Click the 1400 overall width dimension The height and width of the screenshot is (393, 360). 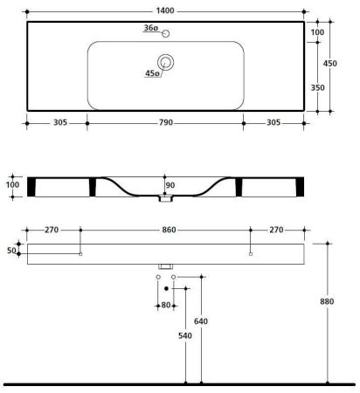[x=167, y=11]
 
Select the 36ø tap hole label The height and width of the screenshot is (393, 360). [x=149, y=29]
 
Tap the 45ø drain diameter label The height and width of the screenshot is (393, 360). [x=151, y=73]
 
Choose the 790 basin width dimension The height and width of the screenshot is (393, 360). [x=165, y=123]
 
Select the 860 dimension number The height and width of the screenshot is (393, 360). [x=165, y=230]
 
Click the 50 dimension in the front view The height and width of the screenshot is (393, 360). [x=12, y=251]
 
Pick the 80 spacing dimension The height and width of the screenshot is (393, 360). [x=166, y=306]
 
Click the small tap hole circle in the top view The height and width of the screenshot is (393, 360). [x=165, y=32]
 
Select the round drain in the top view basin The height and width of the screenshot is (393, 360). [x=165, y=62]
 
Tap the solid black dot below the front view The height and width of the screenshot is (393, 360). [x=166, y=287]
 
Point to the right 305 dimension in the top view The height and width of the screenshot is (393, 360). [x=273, y=123]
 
